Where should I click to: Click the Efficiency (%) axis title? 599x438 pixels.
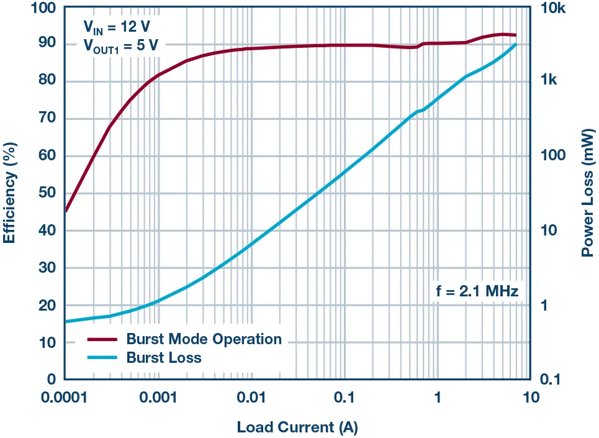tap(11, 193)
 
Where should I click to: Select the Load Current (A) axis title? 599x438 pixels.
tap(297, 427)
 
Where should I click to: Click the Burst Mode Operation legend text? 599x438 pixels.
tap(204, 339)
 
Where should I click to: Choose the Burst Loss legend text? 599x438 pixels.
tap(164, 357)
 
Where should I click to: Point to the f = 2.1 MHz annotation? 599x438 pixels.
tap(475, 290)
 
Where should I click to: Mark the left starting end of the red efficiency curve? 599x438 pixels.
tap(66, 211)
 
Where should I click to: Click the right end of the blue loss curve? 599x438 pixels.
tap(515, 44)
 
